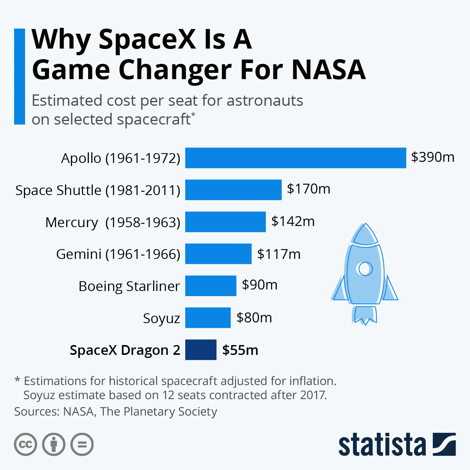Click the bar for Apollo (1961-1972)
[x=295, y=158]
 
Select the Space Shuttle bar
[x=233, y=190]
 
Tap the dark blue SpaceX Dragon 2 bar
[x=201, y=350]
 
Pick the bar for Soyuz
[x=208, y=318]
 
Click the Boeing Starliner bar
[x=210, y=286]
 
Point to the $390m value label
[x=432, y=157]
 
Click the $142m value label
[x=293, y=221]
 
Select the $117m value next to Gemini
[x=278, y=254]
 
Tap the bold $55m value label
[x=240, y=350]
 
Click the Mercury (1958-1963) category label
[x=113, y=222]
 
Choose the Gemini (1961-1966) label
[x=118, y=254]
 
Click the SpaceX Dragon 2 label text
[x=125, y=350]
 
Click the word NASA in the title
[x=328, y=70]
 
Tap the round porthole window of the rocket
[x=365, y=269]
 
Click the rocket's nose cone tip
[x=365, y=225]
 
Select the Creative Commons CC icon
[x=25, y=445]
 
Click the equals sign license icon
[x=82, y=445]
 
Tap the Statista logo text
[x=382, y=445]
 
